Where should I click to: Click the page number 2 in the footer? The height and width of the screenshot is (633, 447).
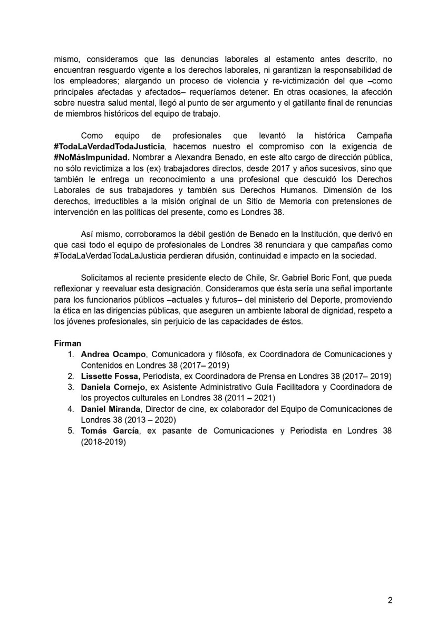390,600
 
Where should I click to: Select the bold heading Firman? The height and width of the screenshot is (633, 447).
67,343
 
